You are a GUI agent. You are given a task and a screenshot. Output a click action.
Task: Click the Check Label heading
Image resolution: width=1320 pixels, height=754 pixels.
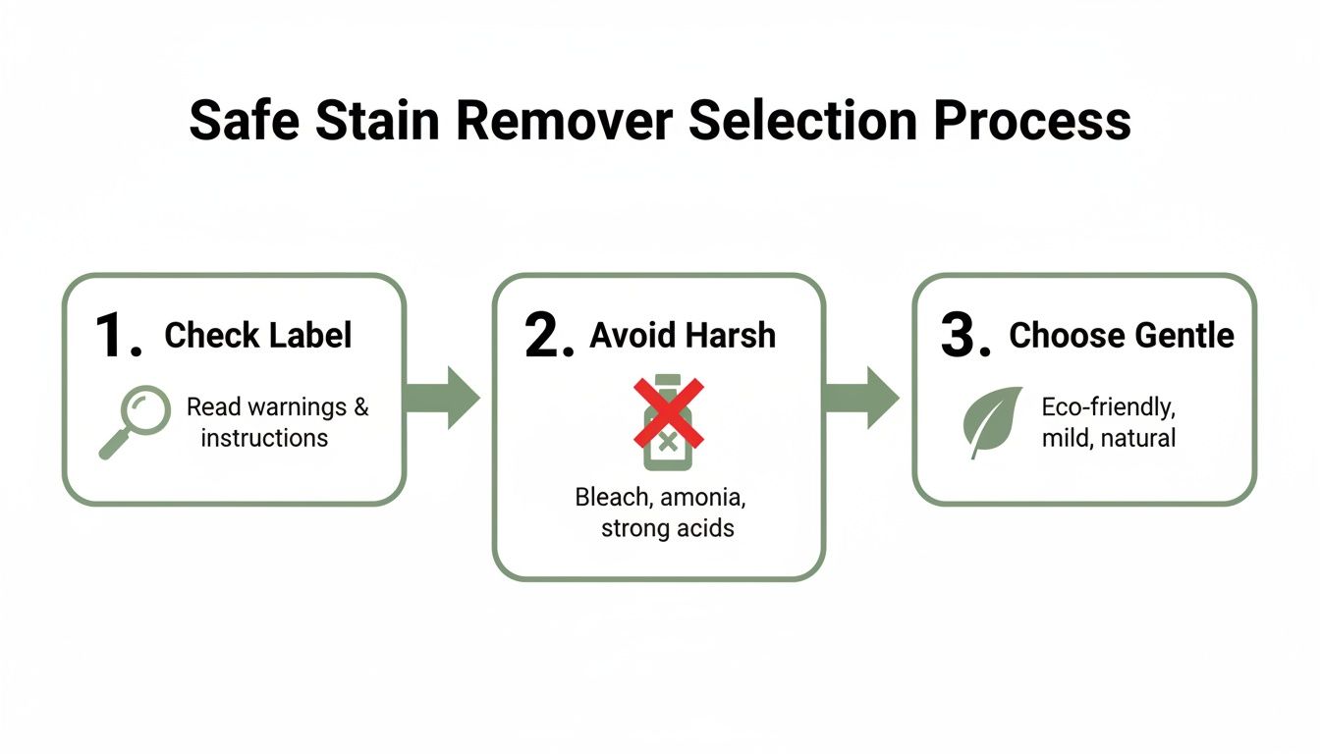(x=257, y=336)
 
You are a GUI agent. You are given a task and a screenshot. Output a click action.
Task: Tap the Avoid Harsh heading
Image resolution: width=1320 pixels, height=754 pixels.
(x=683, y=336)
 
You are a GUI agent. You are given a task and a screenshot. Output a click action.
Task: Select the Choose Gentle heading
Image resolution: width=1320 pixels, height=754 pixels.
(x=1122, y=336)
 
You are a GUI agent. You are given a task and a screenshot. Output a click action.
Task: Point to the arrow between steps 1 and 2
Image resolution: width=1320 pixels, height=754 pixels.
(x=443, y=398)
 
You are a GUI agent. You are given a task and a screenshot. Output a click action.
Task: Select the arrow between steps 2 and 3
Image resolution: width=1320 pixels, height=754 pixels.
(x=860, y=398)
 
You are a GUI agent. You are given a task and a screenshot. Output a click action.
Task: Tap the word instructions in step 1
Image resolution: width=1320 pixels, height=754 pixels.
(x=264, y=438)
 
